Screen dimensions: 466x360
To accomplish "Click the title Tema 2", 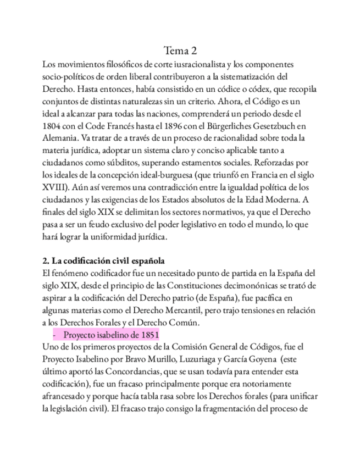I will pyautogui.click(x=180, y=52).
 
